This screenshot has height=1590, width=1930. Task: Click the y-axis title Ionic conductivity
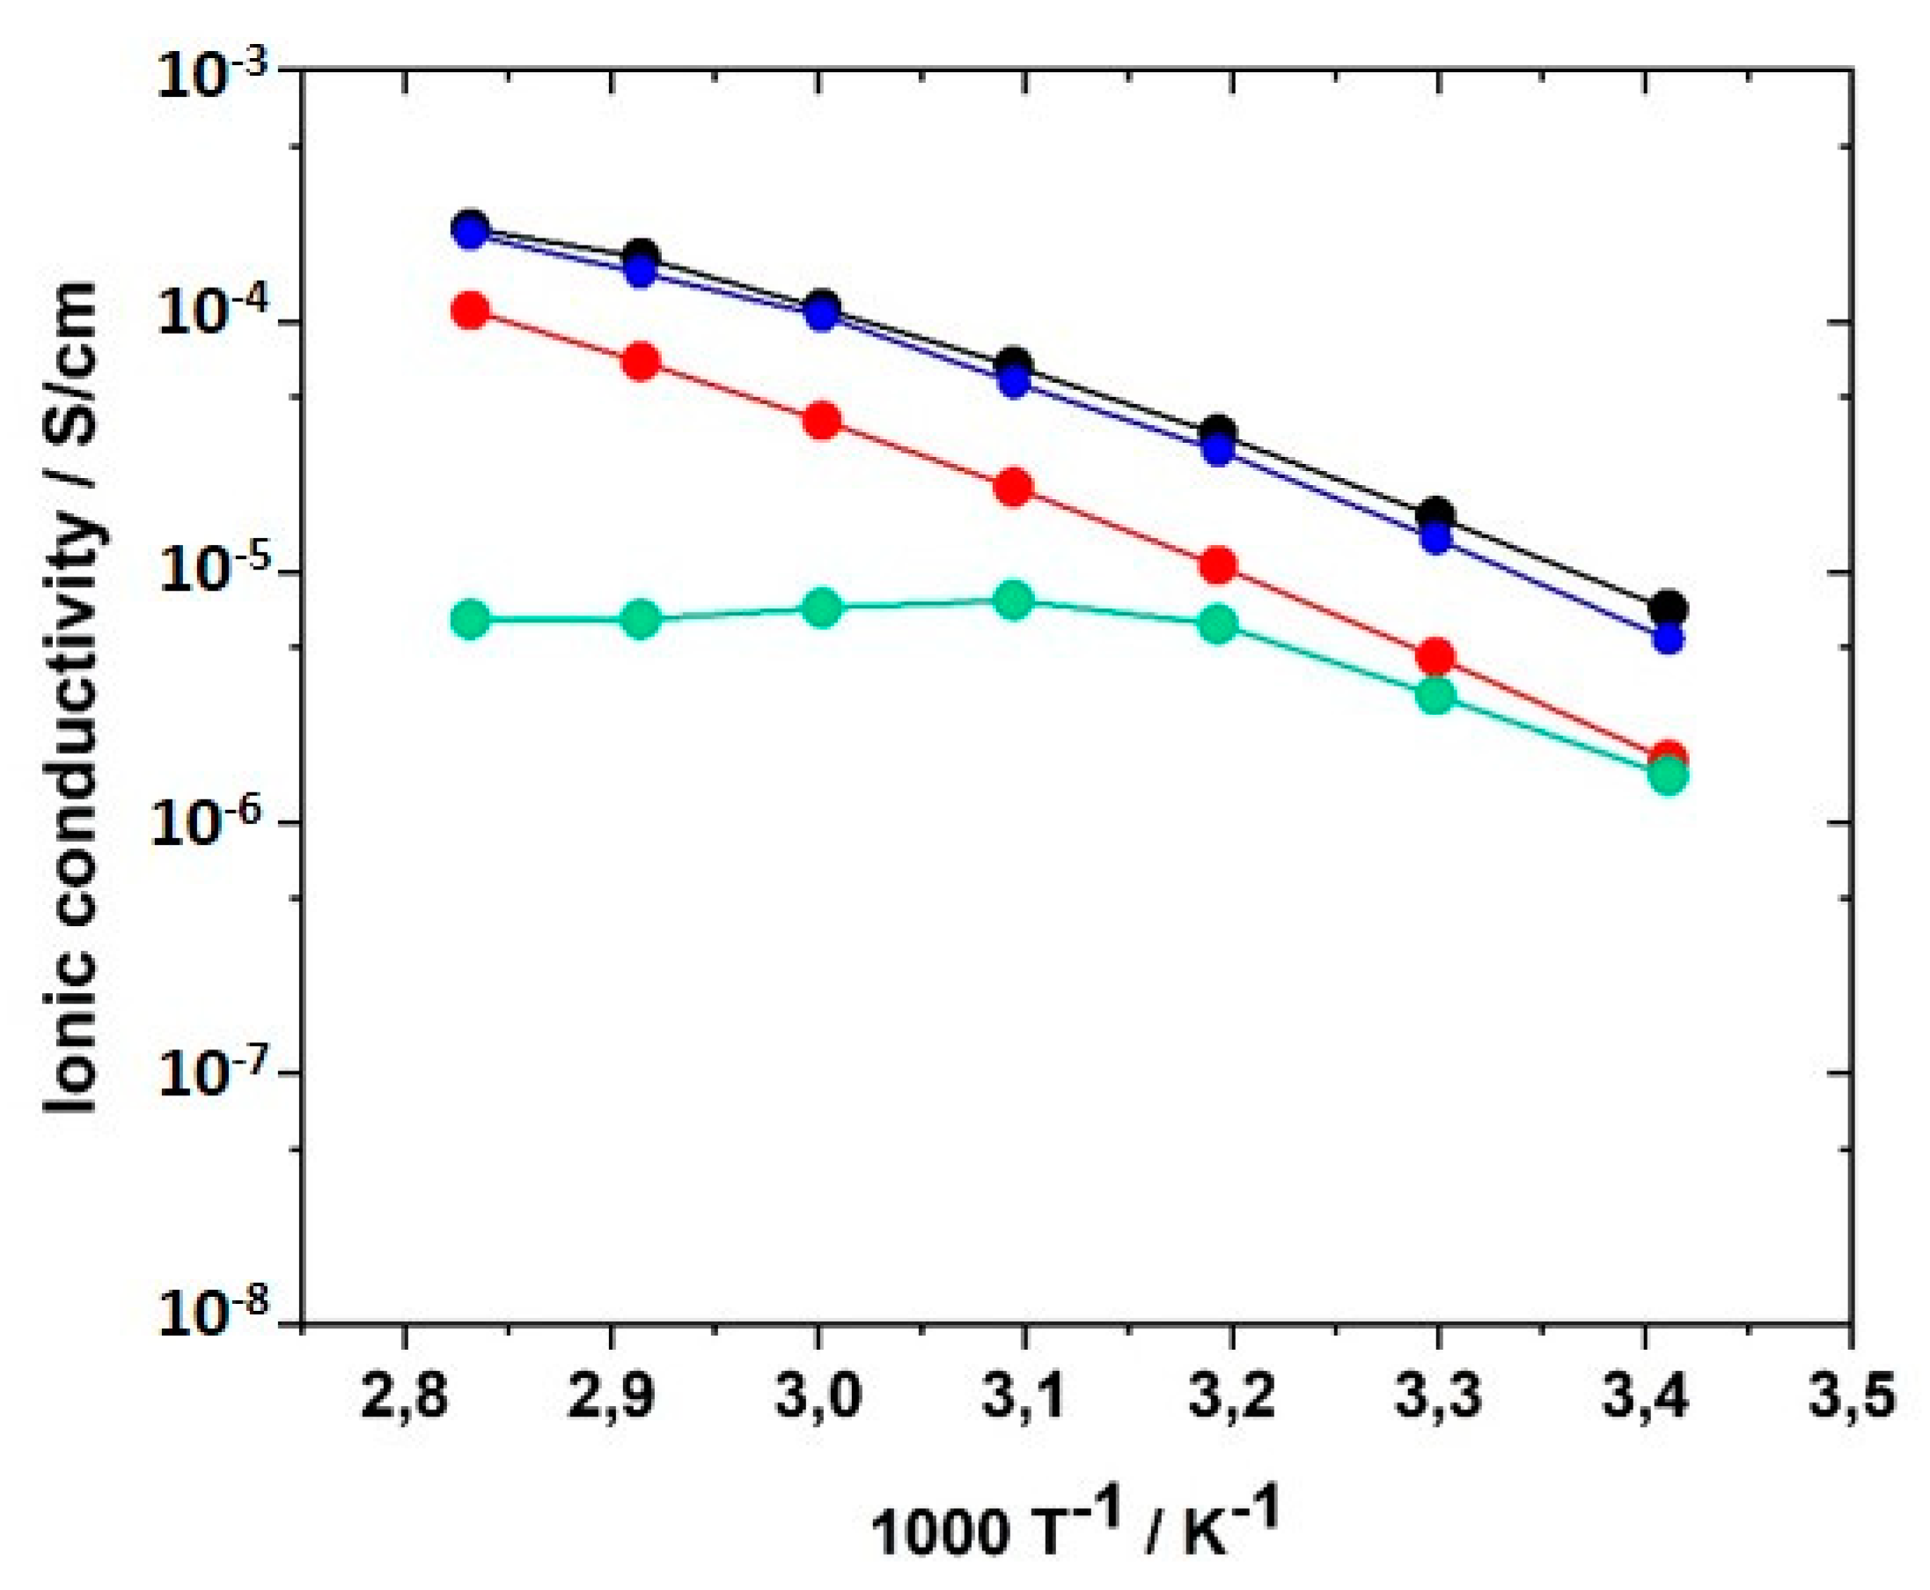pos(73,696)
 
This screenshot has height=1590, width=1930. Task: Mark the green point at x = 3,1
pos(1014,600)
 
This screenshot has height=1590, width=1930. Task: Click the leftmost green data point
pos(471,620)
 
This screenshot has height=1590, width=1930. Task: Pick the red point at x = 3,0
pos(822,421)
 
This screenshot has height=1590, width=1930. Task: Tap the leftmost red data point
pos(471,311)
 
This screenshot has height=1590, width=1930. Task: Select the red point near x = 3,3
pos(1435,657)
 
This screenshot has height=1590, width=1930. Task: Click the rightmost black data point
pos(1668,608)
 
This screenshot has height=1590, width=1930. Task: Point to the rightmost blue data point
pos(1668,638)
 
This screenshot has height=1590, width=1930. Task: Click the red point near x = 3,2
pos(1218,566)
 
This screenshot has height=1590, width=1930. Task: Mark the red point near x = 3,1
pos(1014,487)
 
